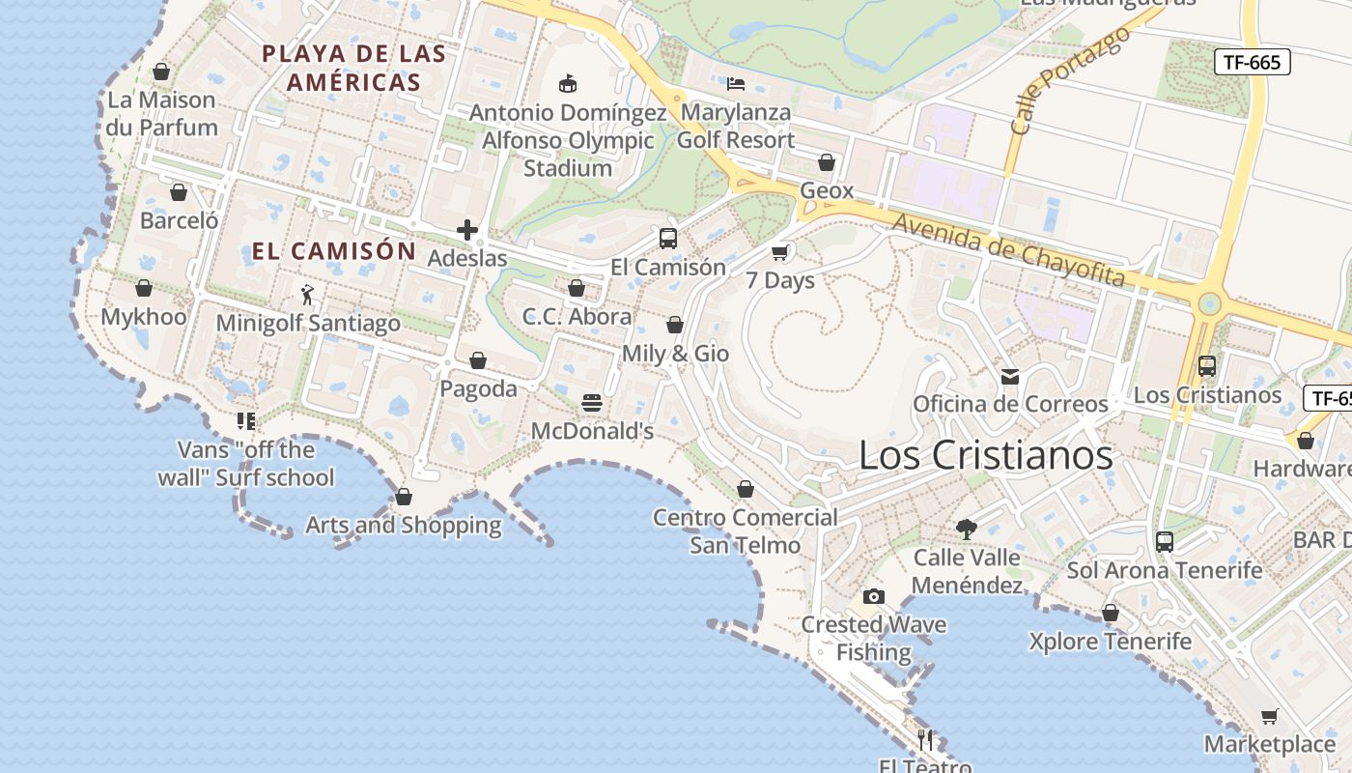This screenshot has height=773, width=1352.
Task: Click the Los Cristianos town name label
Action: pyautogui.click(x=985, y=455)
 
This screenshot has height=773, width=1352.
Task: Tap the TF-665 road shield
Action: pyautogui.click(x=1252, y=63)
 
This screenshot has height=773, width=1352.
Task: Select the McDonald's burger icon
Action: pyautogui.click(x=592, y=403)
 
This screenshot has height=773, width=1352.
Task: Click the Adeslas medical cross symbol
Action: pyautogui.click(x=467, y=230)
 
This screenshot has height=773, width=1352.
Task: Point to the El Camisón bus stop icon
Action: pyautogui.click(x=667, y=239)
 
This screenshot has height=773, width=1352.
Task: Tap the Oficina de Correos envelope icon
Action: pyautogui.click(x=1010, y=376)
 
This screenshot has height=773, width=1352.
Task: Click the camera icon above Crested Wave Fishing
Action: pyautogui.click(x=873, y=596)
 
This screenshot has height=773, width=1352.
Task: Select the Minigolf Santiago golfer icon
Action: pyautogui.click(x=308, y=295)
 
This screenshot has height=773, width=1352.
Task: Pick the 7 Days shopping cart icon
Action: pyautogui.click(x=780, y=253)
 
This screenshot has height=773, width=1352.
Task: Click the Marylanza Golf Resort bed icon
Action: pyautogui.click(x=736, y=84)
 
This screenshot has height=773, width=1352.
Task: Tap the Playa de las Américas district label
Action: pyautogui.click(x=354, y=68)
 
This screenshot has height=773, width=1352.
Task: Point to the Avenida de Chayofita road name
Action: pyautogui.click(x=1008, y=250)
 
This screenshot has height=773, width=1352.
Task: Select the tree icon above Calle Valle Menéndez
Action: pyautogui.click(x=966, y=529)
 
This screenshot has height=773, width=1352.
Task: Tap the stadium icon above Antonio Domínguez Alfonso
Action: pyautogui.click(x=568, y=84)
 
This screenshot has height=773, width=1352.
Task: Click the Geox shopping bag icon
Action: pyautogui.click(x=827, y=162)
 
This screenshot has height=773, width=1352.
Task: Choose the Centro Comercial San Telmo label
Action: pyautogui.click(x=746, y=530)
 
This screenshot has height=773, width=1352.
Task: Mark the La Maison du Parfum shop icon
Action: pyautogui.click(x=161, y=72)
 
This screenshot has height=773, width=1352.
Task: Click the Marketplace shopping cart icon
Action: pyautogui.click(x=1270, y=717)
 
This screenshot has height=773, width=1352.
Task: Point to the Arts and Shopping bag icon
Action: pyautogui.click(x=404, y=497)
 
